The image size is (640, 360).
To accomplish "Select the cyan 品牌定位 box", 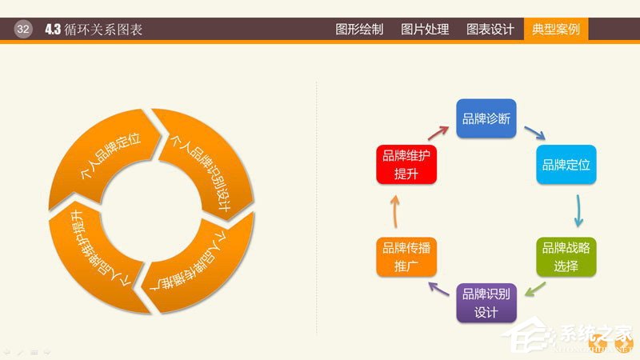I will [566, 166].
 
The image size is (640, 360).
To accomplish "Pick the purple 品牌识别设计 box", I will [486, 303].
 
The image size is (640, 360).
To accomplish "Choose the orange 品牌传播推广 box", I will [406, 258].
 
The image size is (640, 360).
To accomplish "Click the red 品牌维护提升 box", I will [406, 166].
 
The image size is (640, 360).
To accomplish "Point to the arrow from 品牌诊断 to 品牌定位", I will [534, 132].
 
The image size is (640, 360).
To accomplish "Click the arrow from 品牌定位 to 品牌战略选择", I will [578, 211].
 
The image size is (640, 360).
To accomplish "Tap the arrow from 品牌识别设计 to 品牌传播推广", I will [438, 290].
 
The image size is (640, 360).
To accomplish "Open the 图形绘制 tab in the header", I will [359, 30].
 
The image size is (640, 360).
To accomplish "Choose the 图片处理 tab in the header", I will [425, 30].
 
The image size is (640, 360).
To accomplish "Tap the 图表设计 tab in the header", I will [490, 30].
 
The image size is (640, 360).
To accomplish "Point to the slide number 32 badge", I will [23, 30].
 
